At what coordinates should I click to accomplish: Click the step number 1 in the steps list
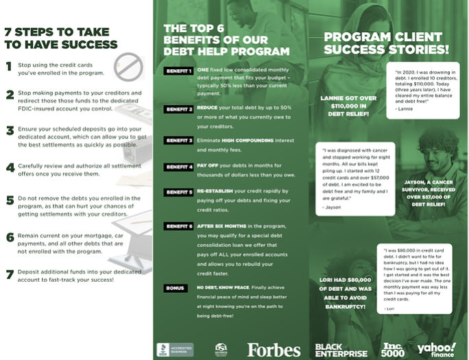click(9, 67)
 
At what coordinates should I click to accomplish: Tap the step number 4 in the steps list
click(10, 167)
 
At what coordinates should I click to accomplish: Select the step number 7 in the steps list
click(10, 274)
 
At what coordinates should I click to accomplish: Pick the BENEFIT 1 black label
click(178, 71)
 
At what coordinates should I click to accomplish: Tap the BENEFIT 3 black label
click(178, 141)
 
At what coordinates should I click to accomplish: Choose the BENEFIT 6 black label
click(178, 226)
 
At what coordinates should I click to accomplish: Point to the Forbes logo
click(274, 350)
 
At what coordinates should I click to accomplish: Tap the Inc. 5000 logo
click(394, 349)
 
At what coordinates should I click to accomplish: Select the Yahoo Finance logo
click(436, 349)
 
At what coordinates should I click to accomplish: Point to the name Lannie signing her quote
click(405, 108)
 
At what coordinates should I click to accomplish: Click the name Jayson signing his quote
click(332, 206)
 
